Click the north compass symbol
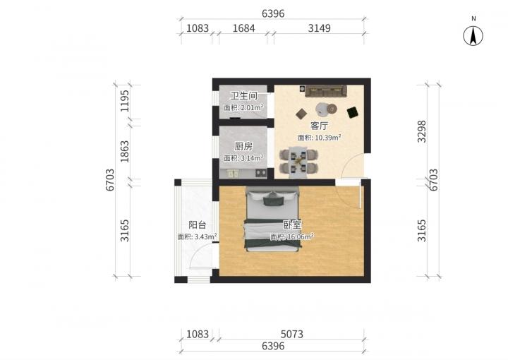[x=473, y=35]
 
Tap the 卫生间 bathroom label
[x=243, y=95]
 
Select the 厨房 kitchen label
[x=243, y=146]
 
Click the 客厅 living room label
[x=319, y=126]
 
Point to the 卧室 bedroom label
[x=292, y=225]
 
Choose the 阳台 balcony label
[x=198, y=225]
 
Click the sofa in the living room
[x=326, y=91]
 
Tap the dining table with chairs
[x=298, y=162]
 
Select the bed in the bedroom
[x=272, y=219]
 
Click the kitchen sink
[x=233, y=174]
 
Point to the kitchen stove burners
[x=261, y=174]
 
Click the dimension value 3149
[x=319, y=28]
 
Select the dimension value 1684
[x=243, y=28]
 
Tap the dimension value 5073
[x=291, y=334]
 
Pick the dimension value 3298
[x=421, y=131]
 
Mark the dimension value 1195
[x=125, y=101]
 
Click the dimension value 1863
[x=125, y=151]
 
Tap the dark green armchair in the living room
[x=353, y=112]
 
